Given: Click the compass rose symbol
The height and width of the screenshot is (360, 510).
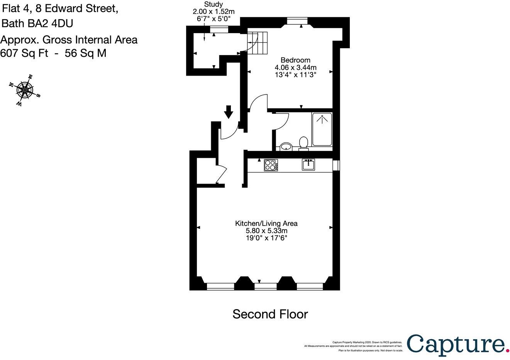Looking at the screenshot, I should (25, 90).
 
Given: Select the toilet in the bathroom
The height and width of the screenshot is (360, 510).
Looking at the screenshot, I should (303, 143).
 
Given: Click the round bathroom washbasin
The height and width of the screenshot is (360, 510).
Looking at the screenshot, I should (286, 146).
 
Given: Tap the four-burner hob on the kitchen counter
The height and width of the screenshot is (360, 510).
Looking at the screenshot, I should (271, 165).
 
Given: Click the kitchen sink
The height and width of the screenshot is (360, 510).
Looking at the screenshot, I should (308, 164).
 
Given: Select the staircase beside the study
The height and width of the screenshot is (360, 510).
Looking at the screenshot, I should (258, 42).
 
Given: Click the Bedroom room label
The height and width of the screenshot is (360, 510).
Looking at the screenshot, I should (295, 60).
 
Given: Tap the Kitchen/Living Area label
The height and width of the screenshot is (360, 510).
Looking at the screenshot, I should (266, 223).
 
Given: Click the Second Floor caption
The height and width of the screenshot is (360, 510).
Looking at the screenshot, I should (270, 314).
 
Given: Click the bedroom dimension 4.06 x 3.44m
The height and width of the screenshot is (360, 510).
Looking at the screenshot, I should (295, 68).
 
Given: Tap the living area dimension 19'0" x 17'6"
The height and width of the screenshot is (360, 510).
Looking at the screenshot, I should (266, 238).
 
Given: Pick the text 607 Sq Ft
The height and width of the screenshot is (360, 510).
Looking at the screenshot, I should (24, 53).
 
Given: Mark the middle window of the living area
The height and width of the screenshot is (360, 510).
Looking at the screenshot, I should (266, 286).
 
